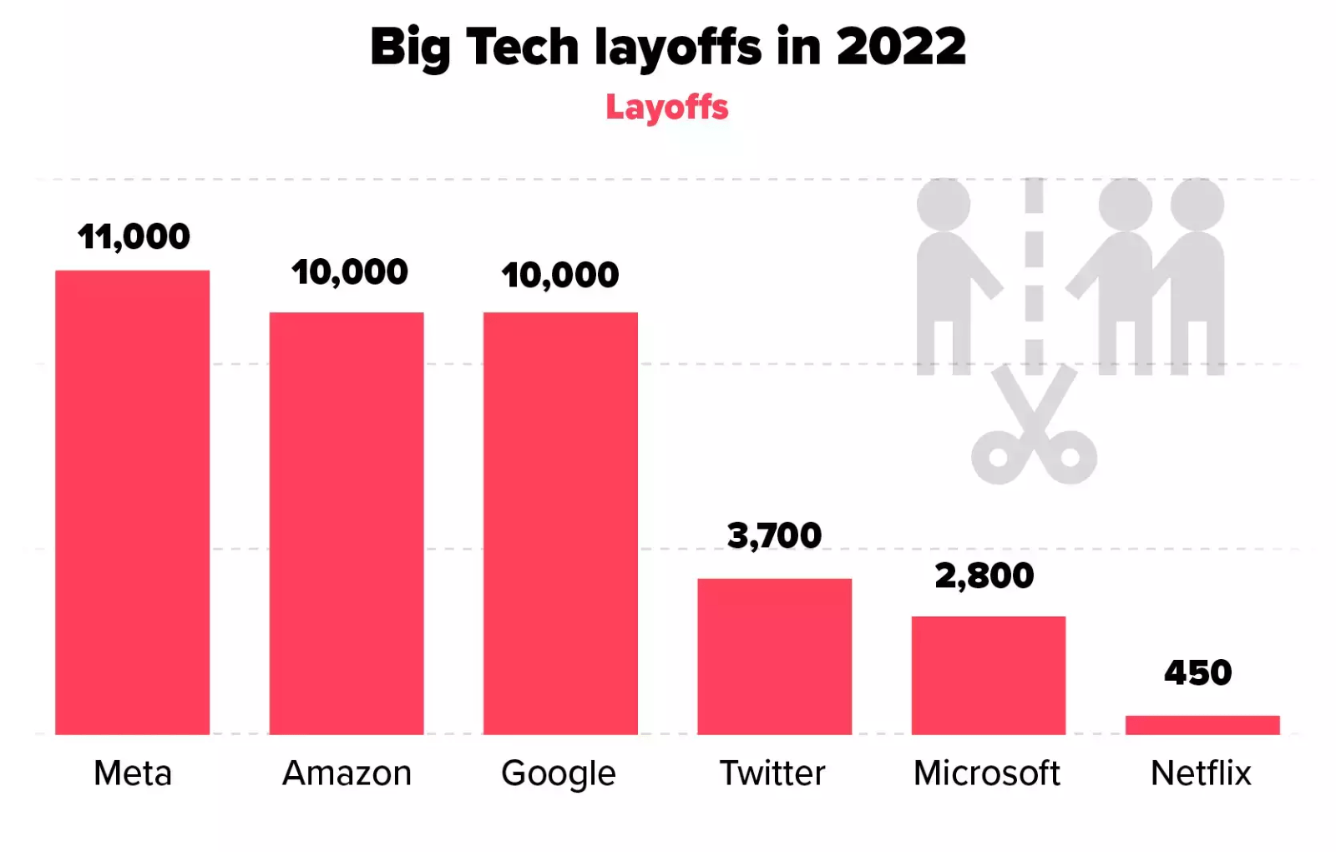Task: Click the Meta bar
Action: pos(132,502)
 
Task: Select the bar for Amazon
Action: pos(346,523)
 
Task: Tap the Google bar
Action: pos(560,523)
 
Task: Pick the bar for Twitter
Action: pos(774,657)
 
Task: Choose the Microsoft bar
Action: pos(988,675)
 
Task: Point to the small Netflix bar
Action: pos(1202,725)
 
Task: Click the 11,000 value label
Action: pos(134,237)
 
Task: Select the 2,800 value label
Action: pos(984,576)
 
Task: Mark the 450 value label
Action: pos(1197,673)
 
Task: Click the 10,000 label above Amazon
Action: pos(349,272)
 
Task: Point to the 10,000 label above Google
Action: pos(559,276)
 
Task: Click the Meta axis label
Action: pos(133,773)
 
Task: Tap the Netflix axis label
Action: pos(1201,773)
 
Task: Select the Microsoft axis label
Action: pos(986,773)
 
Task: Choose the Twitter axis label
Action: pos(772,773)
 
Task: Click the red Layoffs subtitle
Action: pos(666,108)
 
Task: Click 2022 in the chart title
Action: pos(900,47)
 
